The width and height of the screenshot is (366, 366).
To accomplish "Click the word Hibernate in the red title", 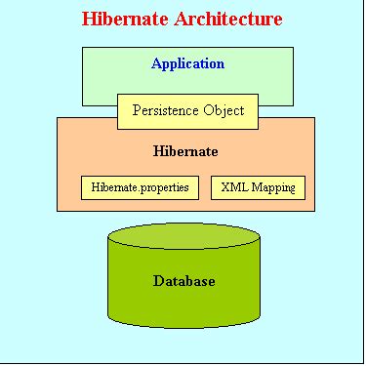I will point(124,19).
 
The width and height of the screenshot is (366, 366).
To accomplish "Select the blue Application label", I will point(187,64).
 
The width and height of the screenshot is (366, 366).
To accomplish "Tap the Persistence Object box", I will point(187,110).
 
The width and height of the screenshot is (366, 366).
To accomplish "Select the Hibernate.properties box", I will point(141,186).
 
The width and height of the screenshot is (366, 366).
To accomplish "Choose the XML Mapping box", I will point(258,186).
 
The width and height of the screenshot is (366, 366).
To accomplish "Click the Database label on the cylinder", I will point(183,281).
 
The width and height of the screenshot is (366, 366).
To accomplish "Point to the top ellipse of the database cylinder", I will point(183,238).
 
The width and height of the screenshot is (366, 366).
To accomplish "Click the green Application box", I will point(107,78).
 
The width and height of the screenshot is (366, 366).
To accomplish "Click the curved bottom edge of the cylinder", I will point(183,325).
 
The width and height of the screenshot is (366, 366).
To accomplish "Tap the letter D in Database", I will point(158,281).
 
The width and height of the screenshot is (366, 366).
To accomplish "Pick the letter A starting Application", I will point(156,64).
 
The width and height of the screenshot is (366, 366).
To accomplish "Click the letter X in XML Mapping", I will point(225,186).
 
